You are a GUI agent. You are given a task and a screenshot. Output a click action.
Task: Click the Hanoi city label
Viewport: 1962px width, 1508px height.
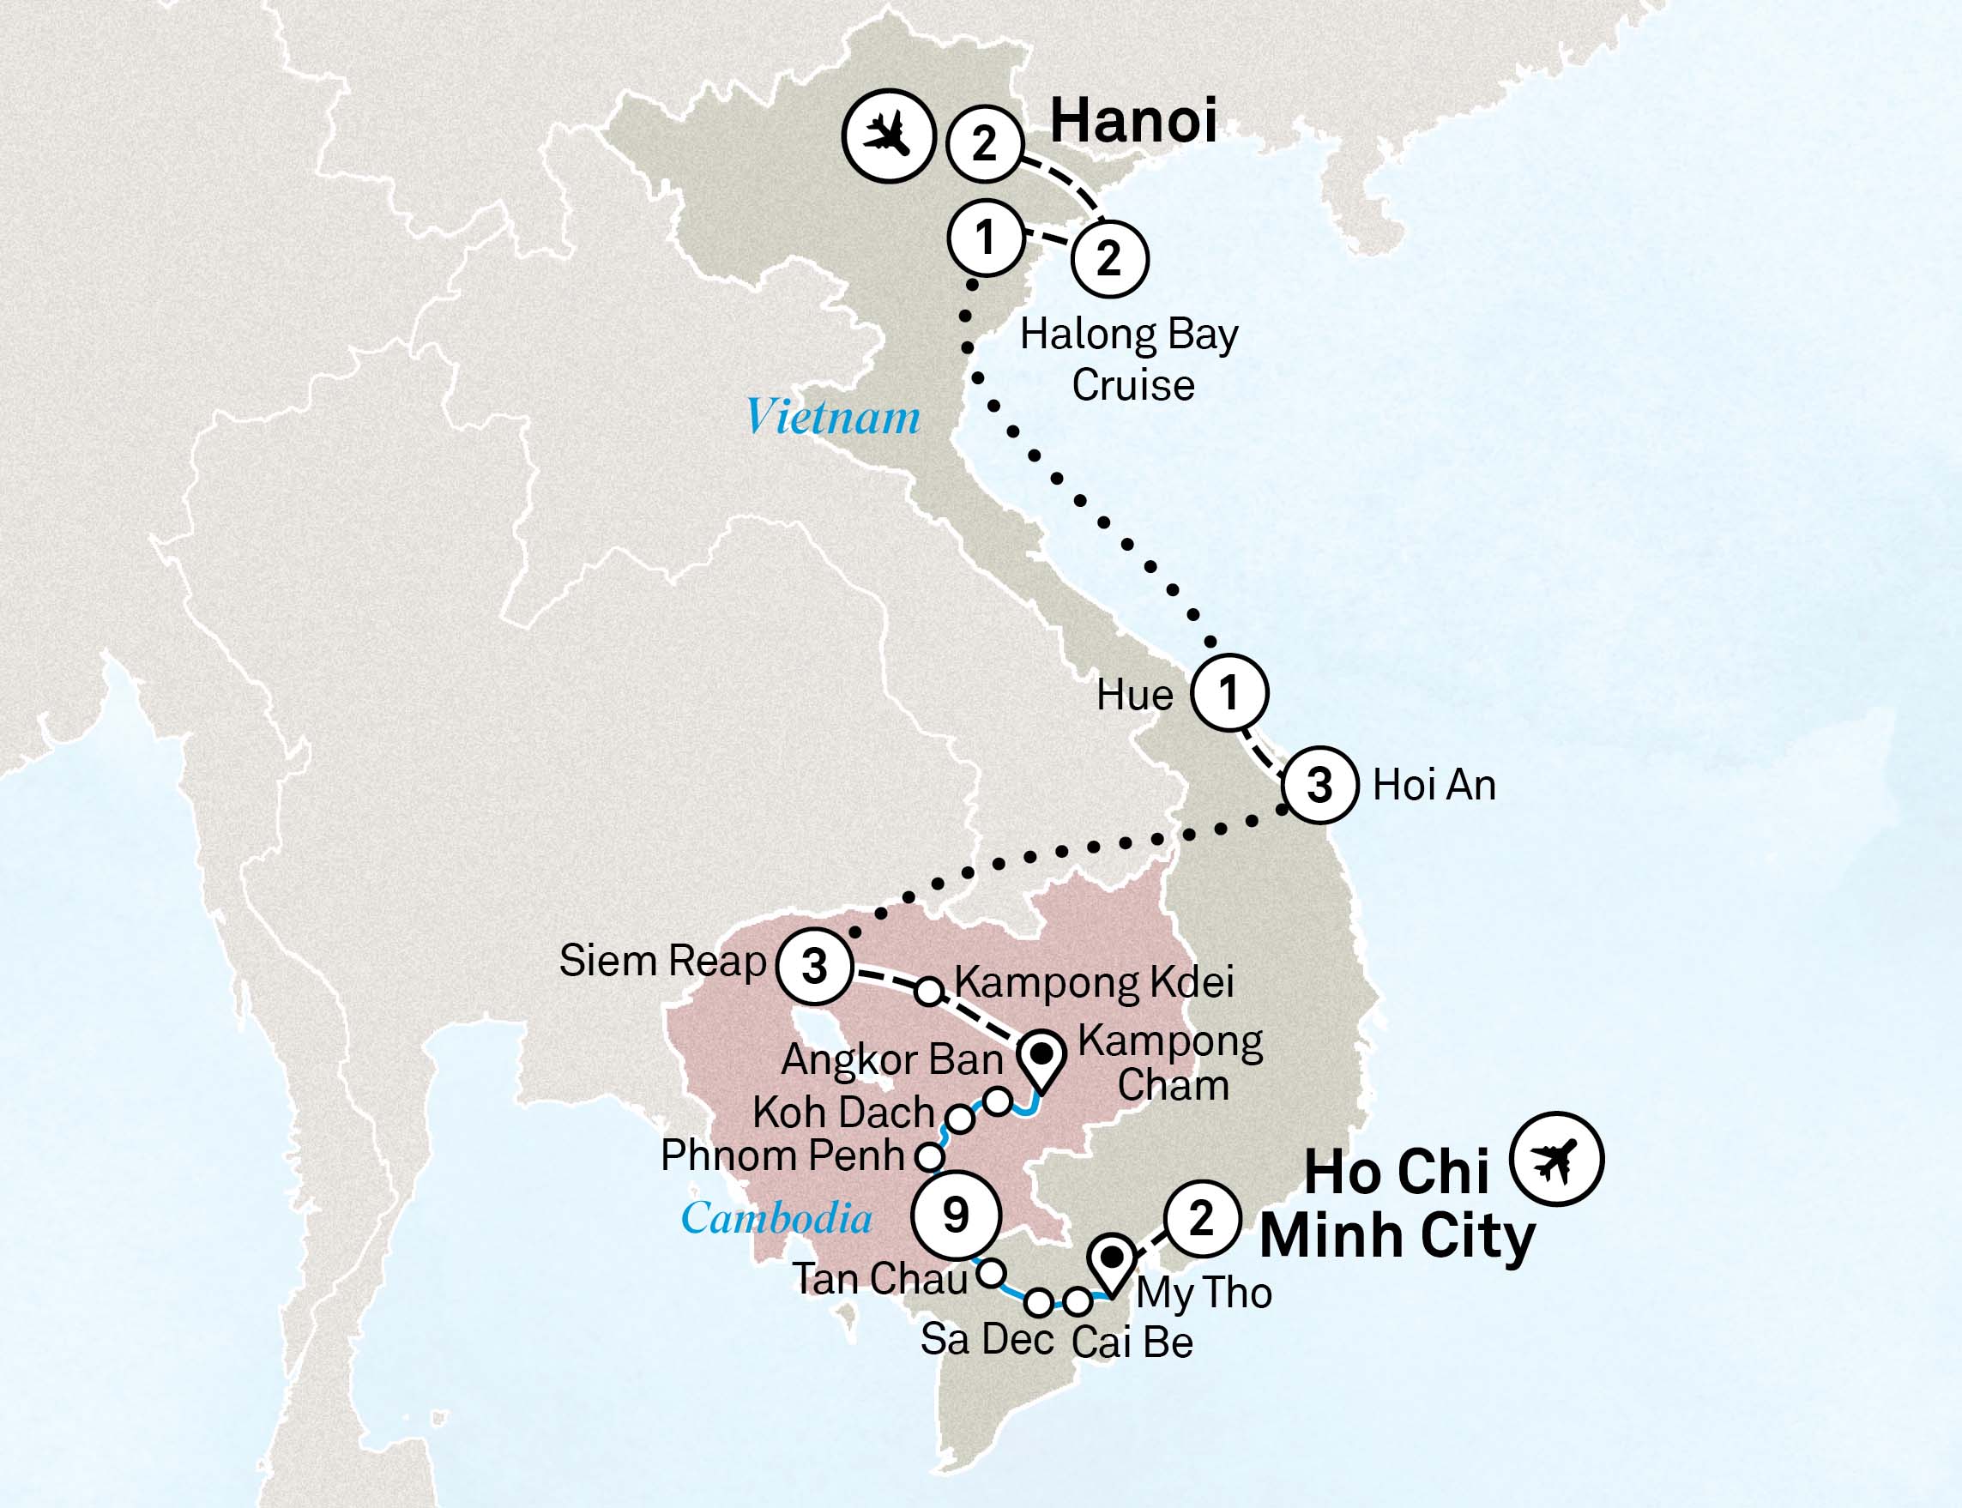(x=1132, y=120)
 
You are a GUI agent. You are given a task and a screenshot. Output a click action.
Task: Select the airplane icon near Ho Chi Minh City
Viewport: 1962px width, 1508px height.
(x=1555, y=1159)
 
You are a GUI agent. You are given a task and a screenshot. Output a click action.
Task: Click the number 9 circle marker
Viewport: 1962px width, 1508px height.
(x=956, y=1215)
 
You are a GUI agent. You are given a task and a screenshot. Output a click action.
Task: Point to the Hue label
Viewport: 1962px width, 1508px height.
(x=1134, y=696)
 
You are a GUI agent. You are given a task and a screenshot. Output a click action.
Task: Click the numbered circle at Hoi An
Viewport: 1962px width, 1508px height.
(x=1319, y=785)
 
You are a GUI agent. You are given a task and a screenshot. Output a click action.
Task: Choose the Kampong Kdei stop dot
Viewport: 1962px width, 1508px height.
(x=929, y=992)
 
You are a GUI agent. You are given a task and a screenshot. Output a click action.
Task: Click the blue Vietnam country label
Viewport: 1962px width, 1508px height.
(x=833, y=418)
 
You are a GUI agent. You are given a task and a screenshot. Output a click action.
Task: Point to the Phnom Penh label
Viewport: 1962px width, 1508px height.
(x=782, y=1156)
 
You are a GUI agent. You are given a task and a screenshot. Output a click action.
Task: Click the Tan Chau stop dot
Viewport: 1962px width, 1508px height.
(x=990, y=1272)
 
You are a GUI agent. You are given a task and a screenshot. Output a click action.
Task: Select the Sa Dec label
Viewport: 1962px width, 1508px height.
(x=987, y=1339)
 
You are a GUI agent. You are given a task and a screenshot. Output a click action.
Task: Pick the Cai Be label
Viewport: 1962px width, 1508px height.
(x=1132, y=1342)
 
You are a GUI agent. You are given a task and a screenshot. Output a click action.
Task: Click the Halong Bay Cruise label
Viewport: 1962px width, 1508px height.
(x=1129, y=360)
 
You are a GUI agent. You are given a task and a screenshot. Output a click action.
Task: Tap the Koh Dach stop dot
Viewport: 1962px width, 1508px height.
(x=959, y=1119)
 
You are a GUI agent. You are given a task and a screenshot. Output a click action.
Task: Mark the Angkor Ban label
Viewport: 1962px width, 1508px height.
(x=891, y=1060)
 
